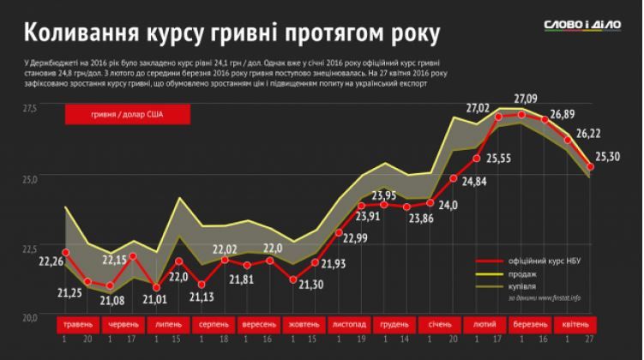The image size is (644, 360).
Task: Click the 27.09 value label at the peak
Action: [x=526, y=99]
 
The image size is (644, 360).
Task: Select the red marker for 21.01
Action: [x=157, y=287]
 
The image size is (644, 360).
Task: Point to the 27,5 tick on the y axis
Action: [x=29, y=109]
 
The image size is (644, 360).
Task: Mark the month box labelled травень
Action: [x=75, y=326]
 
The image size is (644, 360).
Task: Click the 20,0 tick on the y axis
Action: [x=29, y=318]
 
